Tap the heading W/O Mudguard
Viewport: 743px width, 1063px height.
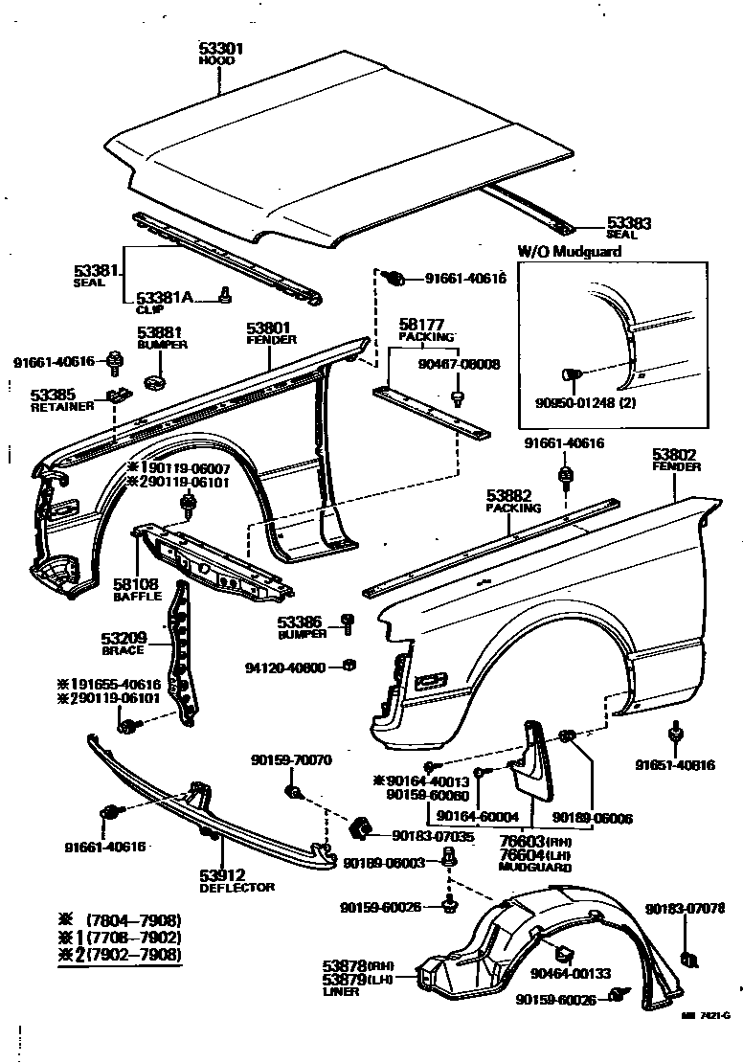coord(570,251)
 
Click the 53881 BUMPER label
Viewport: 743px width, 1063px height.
coord(162,338)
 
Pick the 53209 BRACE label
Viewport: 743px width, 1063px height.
coord(123,643)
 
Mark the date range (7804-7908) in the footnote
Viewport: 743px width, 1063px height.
coord(133,920)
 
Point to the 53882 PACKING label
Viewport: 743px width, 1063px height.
coord(513,501)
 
